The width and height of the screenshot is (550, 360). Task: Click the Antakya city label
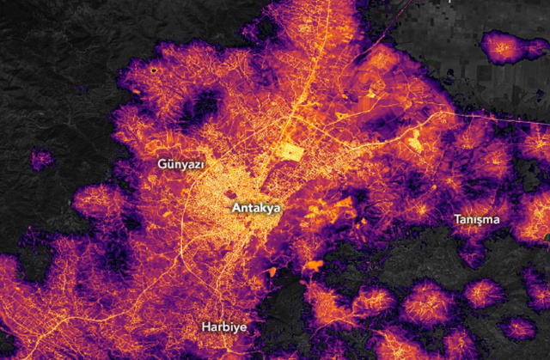point(256,208)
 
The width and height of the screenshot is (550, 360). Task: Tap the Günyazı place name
point(180,163)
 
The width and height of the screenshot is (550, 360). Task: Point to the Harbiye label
point(224,327)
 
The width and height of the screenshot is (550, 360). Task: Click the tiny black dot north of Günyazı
point(154,70)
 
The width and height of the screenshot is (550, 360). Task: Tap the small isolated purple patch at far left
point(40,159)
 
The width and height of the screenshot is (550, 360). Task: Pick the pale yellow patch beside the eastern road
point(417,137)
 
